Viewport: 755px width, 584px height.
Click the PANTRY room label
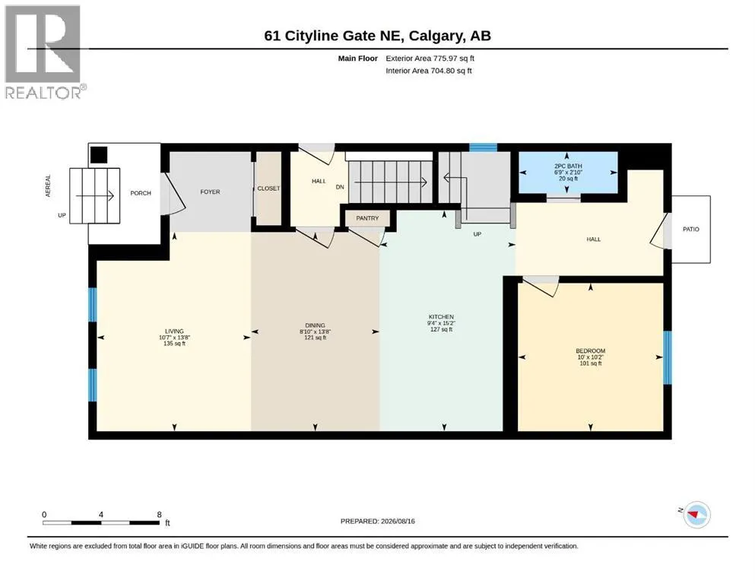tap(367, 218)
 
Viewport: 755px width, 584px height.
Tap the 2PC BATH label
tap(568, 166)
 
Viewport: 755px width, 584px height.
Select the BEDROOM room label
tap(590, 351)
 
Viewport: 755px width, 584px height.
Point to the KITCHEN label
tap(441, 317)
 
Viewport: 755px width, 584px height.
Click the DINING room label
tap(315, 325)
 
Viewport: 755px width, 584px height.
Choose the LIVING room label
tap(174, 332)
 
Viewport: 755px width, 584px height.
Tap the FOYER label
tap(210, 192)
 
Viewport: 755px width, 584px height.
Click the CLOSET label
tap(268, 189)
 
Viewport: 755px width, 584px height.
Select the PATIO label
tap(691, 229)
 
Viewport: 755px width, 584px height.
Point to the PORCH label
tap(141, 193)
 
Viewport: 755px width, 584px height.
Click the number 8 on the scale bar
tap(160, 515)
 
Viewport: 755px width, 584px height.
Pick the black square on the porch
tap(99, 154)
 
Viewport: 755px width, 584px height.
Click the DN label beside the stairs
tap(340, 187)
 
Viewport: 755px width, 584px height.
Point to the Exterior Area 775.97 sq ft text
tap(430, 59)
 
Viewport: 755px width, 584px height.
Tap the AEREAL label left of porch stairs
tap(48, 186)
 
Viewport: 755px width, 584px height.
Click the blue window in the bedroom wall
tap(668, 357)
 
